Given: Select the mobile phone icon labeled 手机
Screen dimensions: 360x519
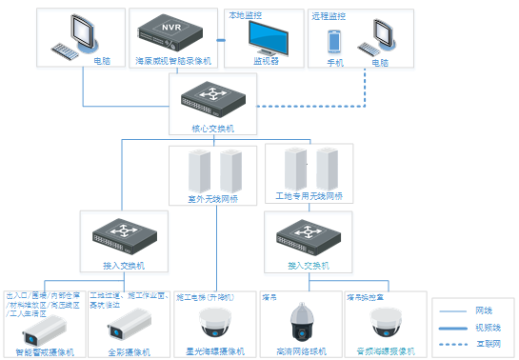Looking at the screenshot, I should (334, 41).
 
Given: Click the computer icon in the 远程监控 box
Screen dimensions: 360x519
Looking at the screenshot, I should (381, 38).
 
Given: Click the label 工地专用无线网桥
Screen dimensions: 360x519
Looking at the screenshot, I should (309, 195).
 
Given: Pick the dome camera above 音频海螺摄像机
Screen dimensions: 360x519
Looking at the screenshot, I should (387, 324).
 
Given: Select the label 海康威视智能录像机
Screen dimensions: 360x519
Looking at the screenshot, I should (172, 61).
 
